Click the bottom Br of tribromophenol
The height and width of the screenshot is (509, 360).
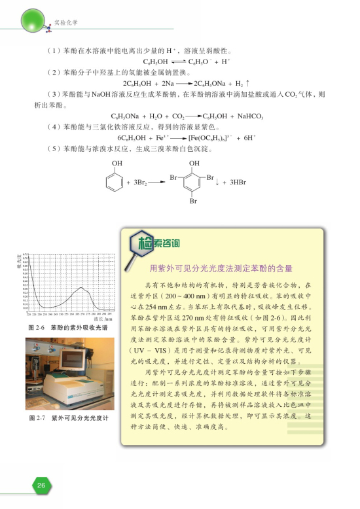(x=193, y=202)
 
